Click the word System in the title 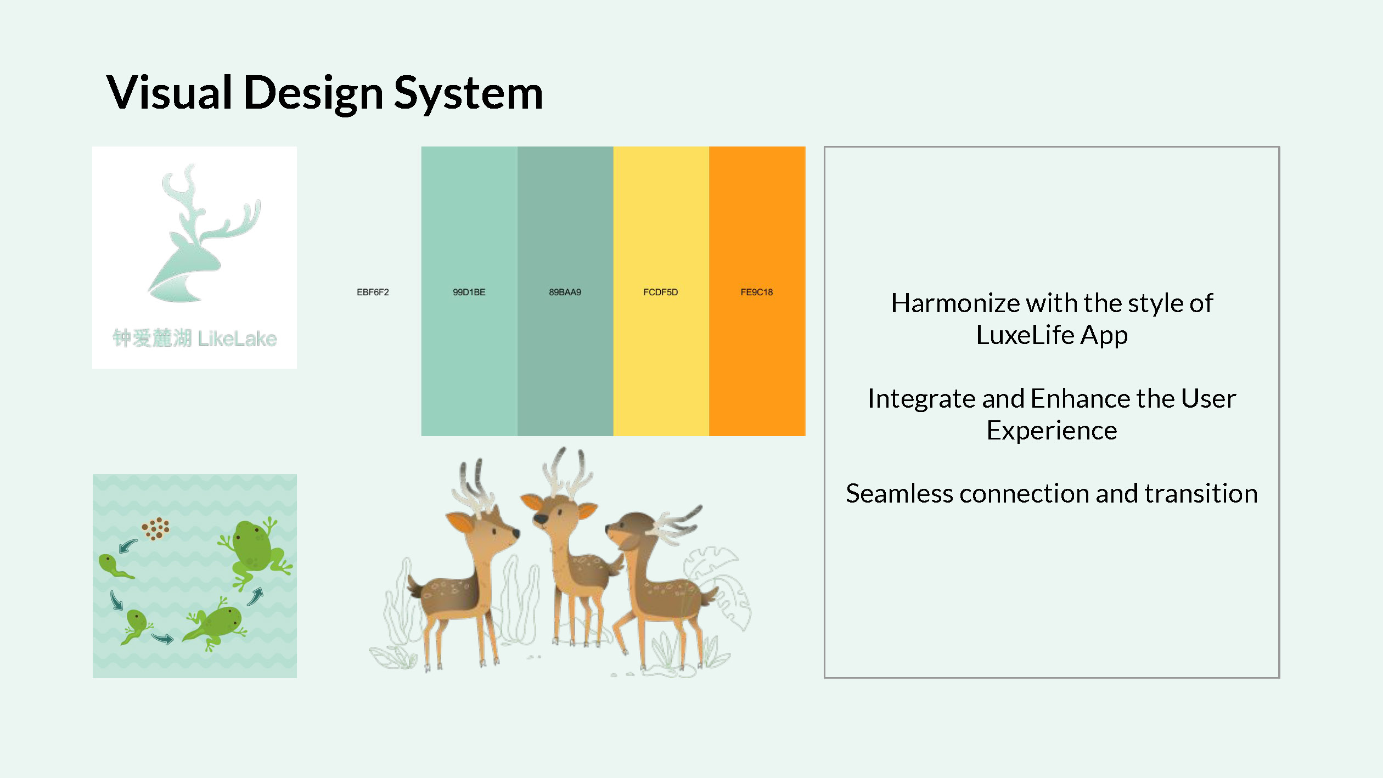[x=468, y=93]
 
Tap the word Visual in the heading [x=170, y=92]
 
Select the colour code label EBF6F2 [x=373, y=292]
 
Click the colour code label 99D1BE [x=469, y=292]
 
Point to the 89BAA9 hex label [x=565, y=292]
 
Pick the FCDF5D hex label [x=661, y=292]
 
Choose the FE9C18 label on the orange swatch [x=757, y=292]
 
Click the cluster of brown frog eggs [x=156, y=528]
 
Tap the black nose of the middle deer [x=541, y=519]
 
